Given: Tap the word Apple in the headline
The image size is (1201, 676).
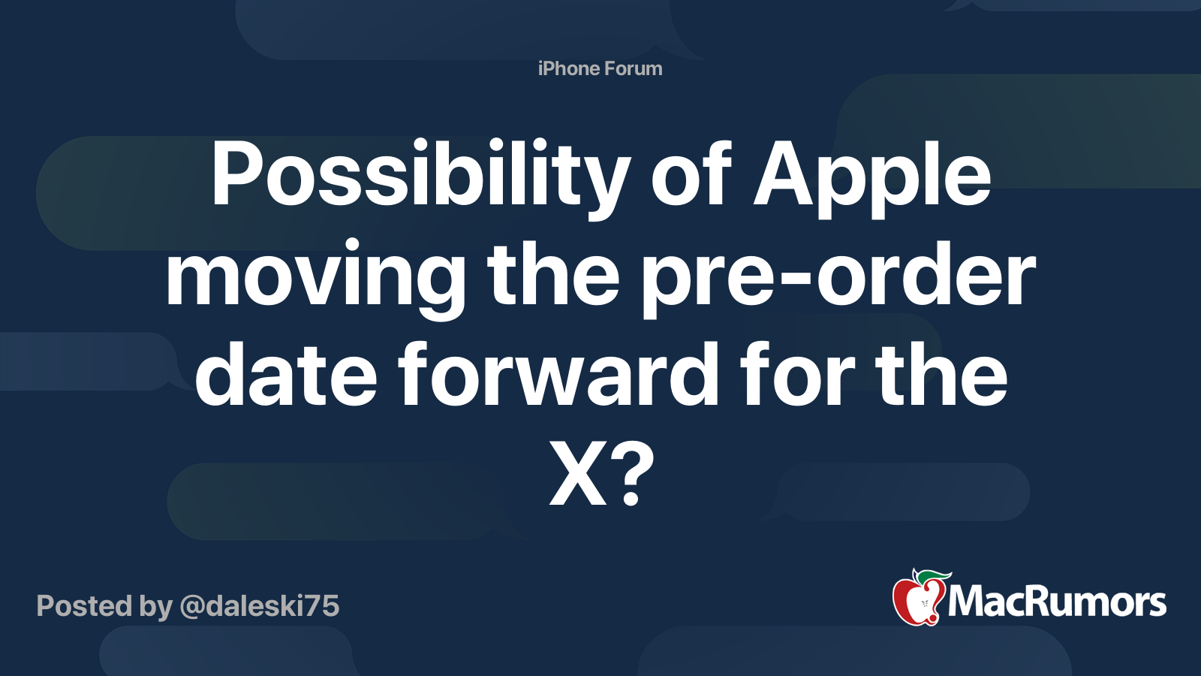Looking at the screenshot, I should point(872,177).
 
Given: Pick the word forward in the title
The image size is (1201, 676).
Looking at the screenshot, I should point(558,376).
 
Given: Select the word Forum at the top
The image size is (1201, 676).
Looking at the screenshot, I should point(634,68).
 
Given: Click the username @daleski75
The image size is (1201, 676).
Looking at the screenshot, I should point(259,605).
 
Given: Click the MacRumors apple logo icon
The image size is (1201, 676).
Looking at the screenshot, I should point(917,599).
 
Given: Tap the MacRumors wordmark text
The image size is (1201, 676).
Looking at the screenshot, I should point(1057,602).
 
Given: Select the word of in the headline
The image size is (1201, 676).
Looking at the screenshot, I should point(691,177).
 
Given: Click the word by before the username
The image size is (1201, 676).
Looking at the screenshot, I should point(155,605).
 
